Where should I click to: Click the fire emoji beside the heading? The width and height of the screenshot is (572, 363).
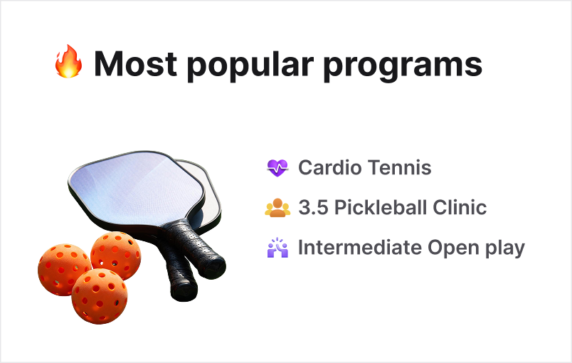69,64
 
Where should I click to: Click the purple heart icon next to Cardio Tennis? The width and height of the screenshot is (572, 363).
277,169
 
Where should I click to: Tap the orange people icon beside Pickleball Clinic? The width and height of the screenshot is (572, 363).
277,208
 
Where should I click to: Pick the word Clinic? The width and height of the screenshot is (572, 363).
462,208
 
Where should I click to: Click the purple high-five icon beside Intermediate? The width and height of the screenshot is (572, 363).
277,248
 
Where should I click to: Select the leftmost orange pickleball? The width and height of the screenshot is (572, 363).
63,269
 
